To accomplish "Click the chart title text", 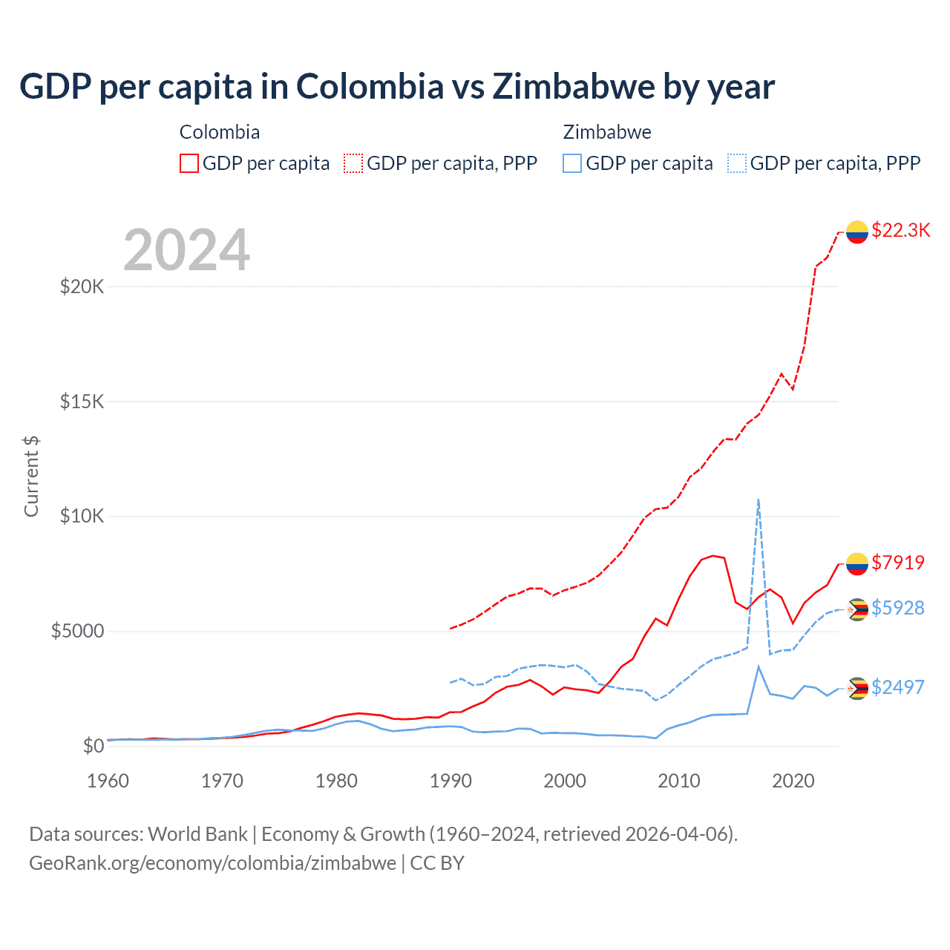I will click(397, 86).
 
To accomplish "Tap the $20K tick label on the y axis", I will click(82, 286).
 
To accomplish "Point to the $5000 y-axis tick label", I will click(77, 632).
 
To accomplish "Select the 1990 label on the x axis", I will click(451, 781).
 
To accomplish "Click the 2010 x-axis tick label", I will click(679, 781).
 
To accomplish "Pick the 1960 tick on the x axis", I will click(108, 781).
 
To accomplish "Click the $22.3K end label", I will click(900, 230).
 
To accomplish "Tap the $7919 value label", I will click(898, 563).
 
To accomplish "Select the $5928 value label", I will click(898, 608).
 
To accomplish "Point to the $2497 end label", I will click(898, 687).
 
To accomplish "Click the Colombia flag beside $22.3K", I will click(857, 232).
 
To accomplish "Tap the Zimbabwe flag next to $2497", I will click(857, 689).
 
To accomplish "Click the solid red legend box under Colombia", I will click(189, 163).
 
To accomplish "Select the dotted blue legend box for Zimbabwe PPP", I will click(737, 163).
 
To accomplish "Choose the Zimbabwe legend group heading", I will click(607, 132).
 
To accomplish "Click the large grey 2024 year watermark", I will click(186, 250).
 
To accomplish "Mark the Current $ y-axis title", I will click(31, 476).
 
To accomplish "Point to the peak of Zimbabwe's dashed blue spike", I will click(758, 499).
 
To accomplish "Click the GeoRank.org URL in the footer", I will click(212, 863).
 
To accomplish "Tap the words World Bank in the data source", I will click(197, 834).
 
